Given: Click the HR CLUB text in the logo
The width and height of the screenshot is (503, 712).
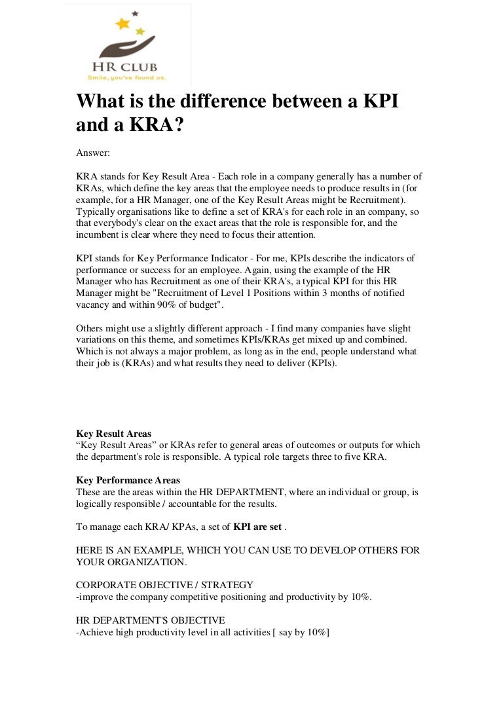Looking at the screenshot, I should tap(127, 67).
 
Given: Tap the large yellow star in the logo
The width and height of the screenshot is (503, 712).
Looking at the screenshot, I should tap(122, 24).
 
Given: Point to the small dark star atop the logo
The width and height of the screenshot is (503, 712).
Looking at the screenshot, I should tap(135, 13).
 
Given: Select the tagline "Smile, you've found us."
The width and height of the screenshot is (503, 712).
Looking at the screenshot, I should tap(127, 77).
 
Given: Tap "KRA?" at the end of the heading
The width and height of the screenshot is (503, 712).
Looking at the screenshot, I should tap(153, 125).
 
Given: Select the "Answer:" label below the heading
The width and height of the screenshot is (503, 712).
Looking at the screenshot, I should tap(94, 153).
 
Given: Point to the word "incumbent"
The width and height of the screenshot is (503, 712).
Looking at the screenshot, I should tap(100, 234).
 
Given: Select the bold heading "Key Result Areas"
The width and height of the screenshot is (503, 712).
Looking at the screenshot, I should tap(113, 434).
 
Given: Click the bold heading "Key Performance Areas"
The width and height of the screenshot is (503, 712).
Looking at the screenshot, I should tap(128, 480).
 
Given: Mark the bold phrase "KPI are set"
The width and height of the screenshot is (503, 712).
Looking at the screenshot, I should tap(257, 527).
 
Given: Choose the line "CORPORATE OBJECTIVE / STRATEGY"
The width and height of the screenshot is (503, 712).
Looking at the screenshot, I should tap(164, 584).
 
